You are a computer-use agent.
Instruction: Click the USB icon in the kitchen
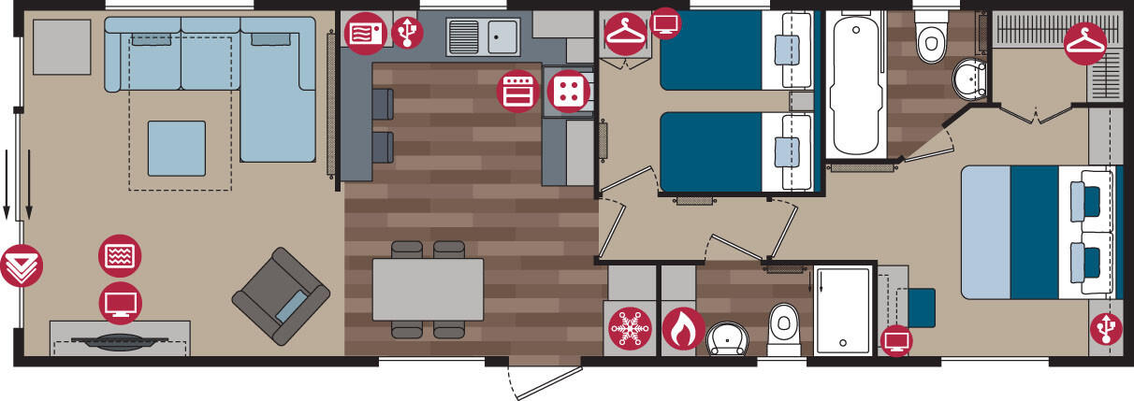click(x=407, y=33)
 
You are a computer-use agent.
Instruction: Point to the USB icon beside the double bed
click(x=1107, y=328)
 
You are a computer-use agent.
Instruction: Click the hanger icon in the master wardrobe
click(x=1085, y=43)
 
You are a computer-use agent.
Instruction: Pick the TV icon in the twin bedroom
click(x=666, y=22)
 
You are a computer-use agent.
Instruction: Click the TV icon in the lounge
click(x=120, y=303)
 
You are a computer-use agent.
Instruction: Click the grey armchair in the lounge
click(x=281, y=295)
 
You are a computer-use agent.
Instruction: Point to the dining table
click(x=428, y=289)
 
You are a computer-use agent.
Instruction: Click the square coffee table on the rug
click(x=176, y=149)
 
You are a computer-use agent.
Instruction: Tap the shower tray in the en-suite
click(x=843, y=310)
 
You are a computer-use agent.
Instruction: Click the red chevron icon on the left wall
click(x=22, y=265)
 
